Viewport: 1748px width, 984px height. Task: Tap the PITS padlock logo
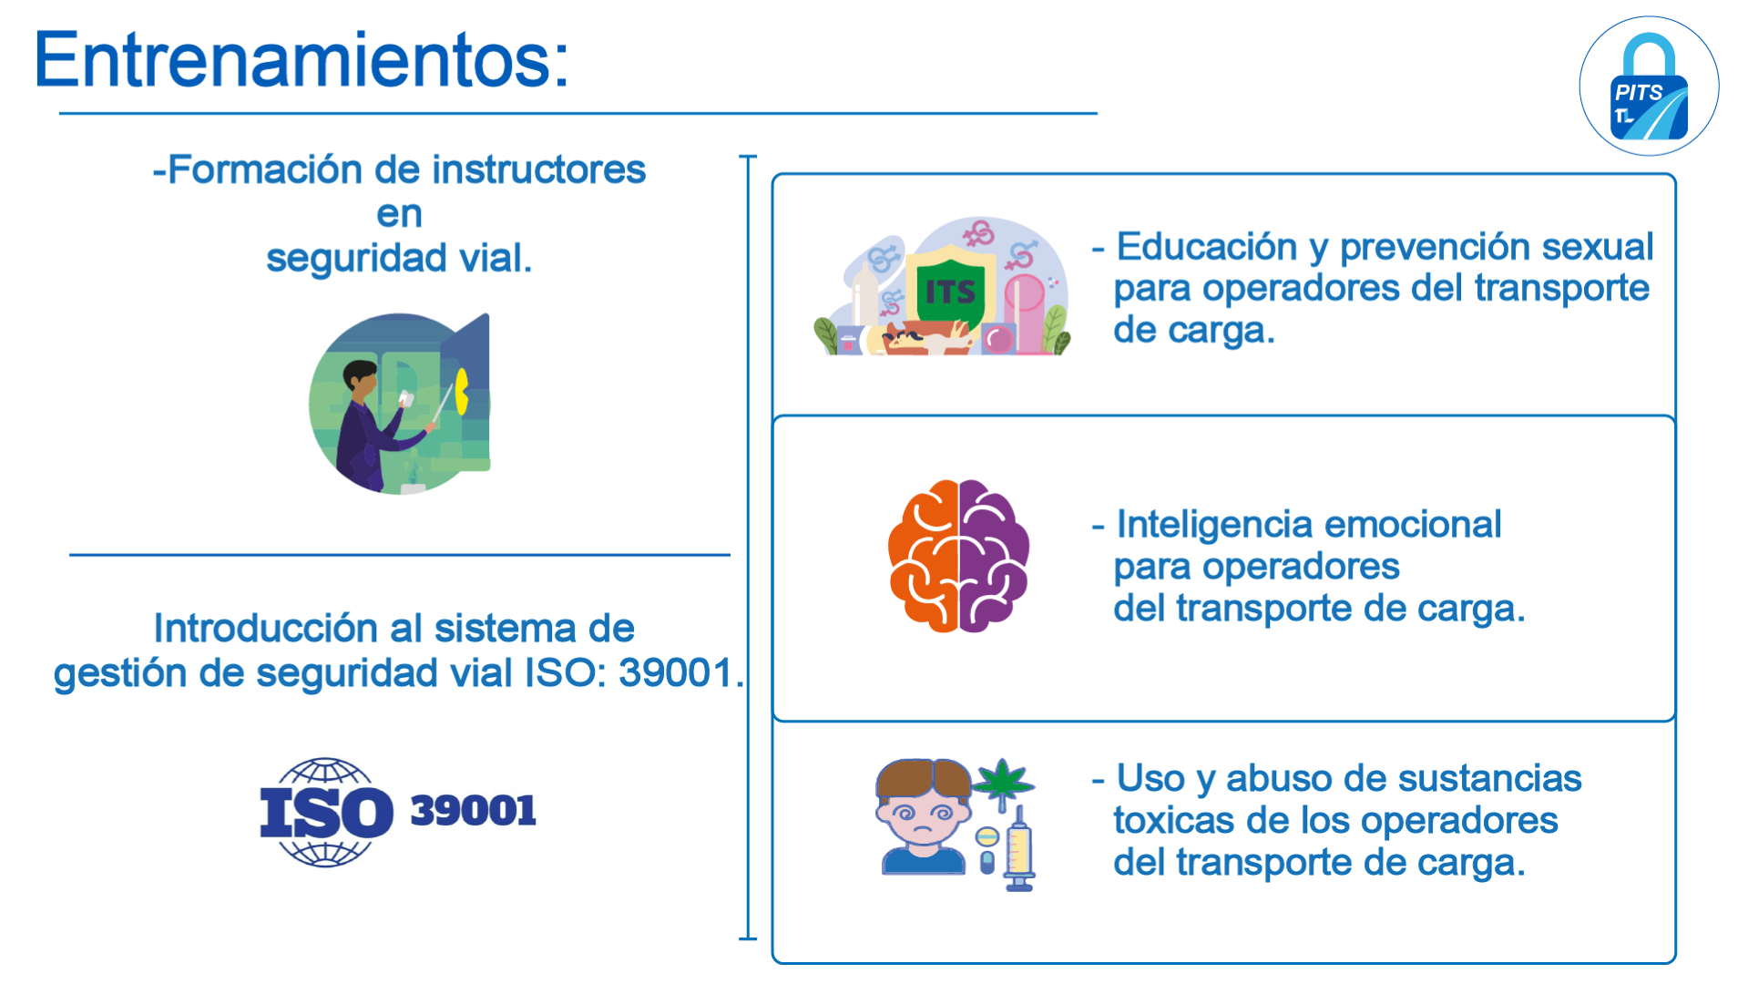[1649, 87]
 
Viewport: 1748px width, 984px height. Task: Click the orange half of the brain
[924, 555]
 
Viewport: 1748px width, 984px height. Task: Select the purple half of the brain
[994, 555]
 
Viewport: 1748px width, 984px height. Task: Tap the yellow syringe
[1019, 847]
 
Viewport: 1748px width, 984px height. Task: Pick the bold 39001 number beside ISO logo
[473, 811]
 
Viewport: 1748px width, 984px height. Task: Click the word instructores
[538, 169]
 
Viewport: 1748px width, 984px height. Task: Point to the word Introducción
[265, 629]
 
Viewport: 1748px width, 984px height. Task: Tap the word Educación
[1207, 248]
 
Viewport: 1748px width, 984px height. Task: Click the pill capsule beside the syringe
[986, 862]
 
